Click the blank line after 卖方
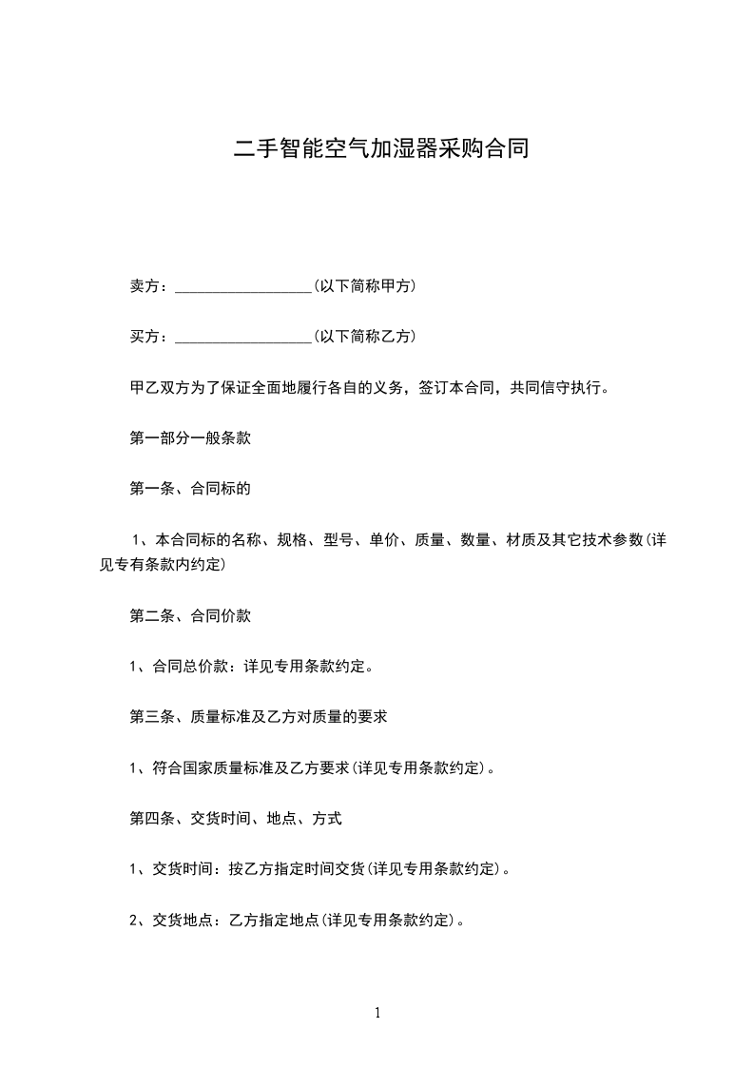click(x=244, y=286)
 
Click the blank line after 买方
click(x=244, y=338)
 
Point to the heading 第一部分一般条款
click(x=190, y=439)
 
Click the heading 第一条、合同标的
click(x=190, y=490)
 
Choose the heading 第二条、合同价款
click(x=190, y=616)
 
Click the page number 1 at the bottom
click(x=377, y=1013)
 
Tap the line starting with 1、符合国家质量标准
click(x=312, y=768)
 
